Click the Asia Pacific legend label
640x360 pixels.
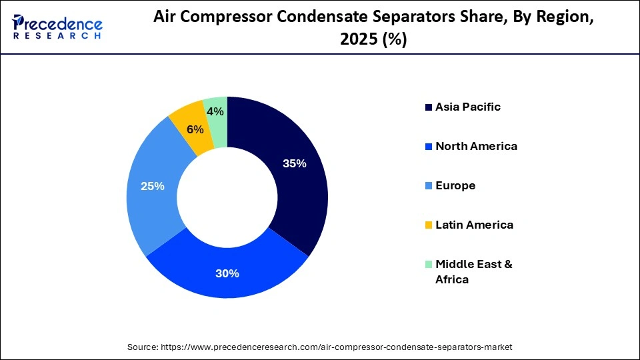click(x=468, y=107)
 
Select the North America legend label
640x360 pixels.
click(x=476, y=146)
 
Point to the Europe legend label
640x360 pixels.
click(x=455, y=185)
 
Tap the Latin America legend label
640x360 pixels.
click(x=474, y=225)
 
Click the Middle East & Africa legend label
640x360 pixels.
click(x=474, y=271)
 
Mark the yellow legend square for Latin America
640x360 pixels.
click(x=427, y=225)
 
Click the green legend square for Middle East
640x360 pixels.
click(x=427, y=265)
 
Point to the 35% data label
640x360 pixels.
click(x=294, y=163)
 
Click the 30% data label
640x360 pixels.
click(x=227, y=273)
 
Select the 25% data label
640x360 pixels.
click(x=153, y=186)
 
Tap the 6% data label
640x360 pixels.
click(x=195, y=129)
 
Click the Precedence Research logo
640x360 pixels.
click(x=57, y=27)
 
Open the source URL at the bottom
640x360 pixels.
click(x=319, y=347)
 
